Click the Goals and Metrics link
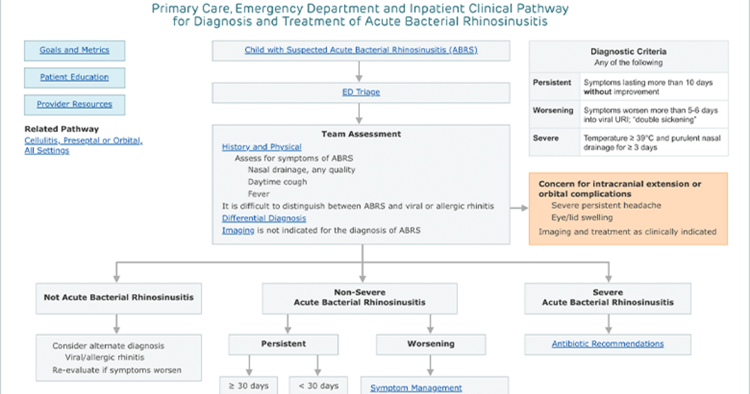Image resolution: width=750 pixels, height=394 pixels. [74, 50]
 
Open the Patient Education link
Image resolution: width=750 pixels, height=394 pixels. [74, 77]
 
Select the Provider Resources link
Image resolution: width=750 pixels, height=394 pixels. [74, 104]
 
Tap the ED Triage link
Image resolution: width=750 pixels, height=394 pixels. [361, 92]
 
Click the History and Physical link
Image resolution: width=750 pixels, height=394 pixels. [261, 147]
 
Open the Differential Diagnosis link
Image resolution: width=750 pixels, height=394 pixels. [264, 218]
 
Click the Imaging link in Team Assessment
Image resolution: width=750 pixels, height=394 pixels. [238, 231]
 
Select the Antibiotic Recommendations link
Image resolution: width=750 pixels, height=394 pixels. [607, 344]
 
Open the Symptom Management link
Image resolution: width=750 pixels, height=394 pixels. [416, 388]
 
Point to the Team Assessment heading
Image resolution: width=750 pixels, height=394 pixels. [361, 134]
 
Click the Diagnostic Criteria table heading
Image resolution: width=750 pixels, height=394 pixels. [628, 51]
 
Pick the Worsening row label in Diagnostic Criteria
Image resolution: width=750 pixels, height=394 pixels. [552, 110]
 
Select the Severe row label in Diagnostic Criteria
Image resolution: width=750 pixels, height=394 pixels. [546, 138]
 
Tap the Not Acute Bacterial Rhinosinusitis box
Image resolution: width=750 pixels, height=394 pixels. [119, 298]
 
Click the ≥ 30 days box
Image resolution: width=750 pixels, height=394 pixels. [249, 385]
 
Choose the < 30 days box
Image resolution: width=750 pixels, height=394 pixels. [318, 385]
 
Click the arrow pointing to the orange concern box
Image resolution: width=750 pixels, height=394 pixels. [519, 208]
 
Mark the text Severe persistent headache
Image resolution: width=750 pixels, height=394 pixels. [606, 205]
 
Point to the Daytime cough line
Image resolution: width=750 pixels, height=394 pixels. [277, 182]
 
